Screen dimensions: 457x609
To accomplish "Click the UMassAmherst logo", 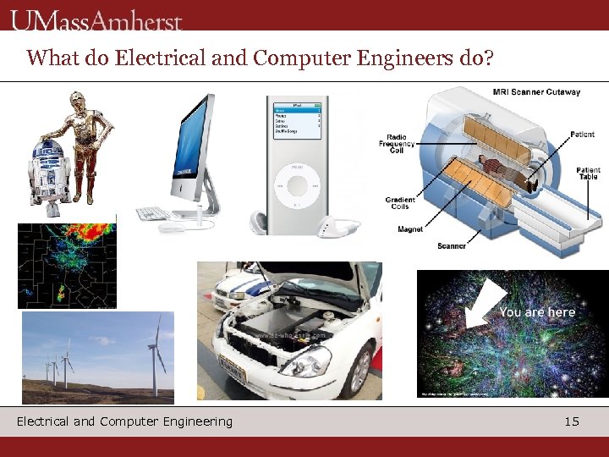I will [x=98, y=19].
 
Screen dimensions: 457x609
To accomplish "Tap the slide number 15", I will [x=572, y=421].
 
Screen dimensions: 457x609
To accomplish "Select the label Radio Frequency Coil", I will [x=397, y=145].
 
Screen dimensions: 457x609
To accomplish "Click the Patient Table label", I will [x=589, y=173].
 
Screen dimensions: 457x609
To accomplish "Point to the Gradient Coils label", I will [x=399, y=203].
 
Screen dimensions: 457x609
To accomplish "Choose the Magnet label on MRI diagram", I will [x=410, y=229].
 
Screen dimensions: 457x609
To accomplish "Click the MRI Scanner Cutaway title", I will [x=536, y=91].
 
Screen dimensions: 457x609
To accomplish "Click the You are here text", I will [x=537, y=312].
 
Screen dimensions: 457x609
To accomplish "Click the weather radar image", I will [x=67, y=266].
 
